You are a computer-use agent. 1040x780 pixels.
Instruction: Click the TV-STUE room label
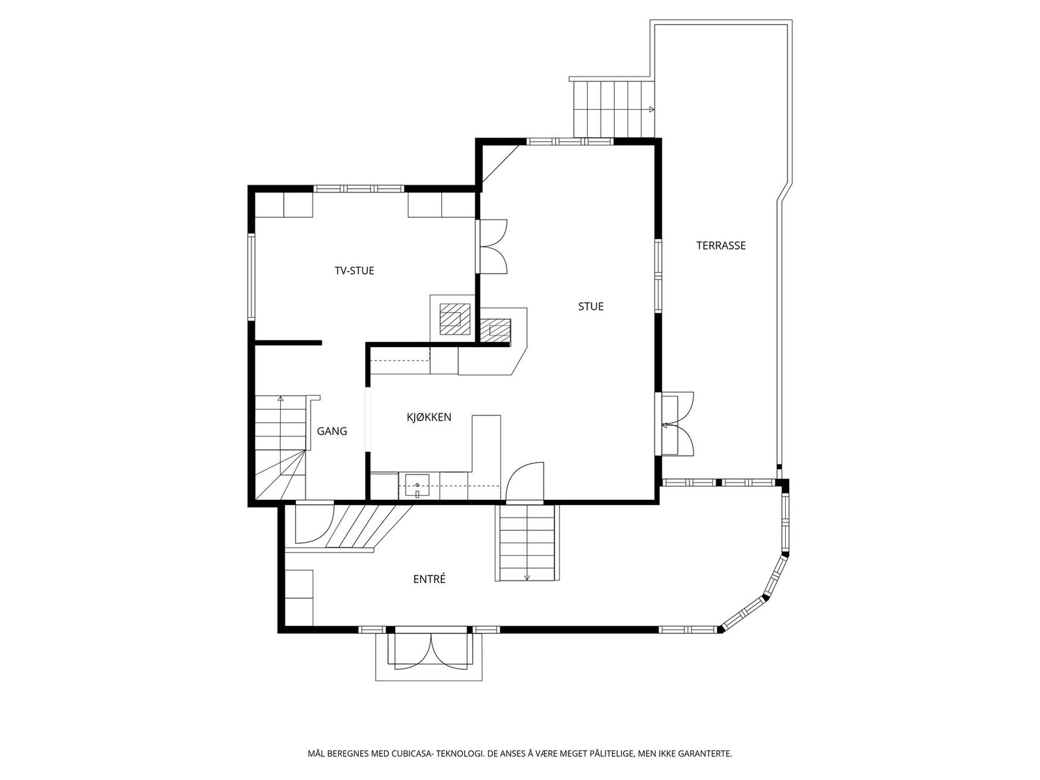click(354, 270)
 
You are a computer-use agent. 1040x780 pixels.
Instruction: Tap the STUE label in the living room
click(591, 306)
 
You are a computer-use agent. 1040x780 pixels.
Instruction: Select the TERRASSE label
click(721, 245)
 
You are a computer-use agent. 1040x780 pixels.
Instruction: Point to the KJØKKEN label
click(429, 417)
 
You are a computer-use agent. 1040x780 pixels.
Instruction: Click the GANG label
click(331, 431)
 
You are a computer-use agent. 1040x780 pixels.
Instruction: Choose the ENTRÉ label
click(429, 578)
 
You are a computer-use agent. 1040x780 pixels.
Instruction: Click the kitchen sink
click(417, 486)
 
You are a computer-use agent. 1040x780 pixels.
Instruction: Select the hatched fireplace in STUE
click(495, 330)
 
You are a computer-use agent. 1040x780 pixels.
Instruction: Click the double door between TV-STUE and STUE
click(493, 246)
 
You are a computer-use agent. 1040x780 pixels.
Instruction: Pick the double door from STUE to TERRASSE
click(675, 423)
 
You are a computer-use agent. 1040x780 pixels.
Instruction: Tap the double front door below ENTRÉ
click(431, 648)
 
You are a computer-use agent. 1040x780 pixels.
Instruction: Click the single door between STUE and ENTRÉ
click(525, 481)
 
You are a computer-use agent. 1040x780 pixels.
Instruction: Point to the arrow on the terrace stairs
click(651, 109)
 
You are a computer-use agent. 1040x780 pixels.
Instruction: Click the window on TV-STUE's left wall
click(252, 277)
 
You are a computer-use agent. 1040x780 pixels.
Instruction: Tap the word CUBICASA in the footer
click(412, 753)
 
